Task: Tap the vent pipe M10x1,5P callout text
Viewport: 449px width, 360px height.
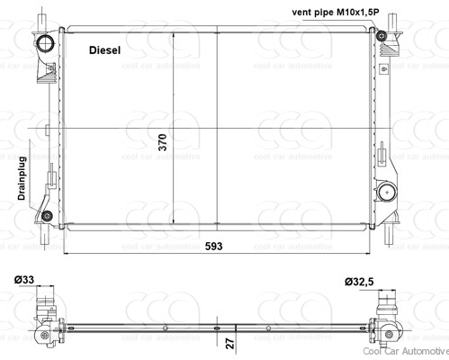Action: (341, 11)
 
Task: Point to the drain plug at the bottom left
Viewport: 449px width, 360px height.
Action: (45, 215)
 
